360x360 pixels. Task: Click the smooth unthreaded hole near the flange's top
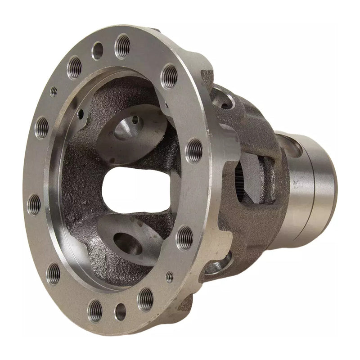pos(97,50)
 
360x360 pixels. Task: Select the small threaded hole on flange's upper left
pos(54,91)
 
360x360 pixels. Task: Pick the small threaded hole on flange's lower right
pos(170,277)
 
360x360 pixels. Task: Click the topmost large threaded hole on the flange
pos(122,45)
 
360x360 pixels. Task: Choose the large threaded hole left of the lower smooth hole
pos(95,310)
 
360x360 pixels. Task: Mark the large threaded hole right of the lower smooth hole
pos(145,299)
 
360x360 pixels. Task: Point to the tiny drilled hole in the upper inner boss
pos(135,120)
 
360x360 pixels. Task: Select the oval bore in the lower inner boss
pos(128,243)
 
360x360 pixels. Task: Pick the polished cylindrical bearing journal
pos(310,189)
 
